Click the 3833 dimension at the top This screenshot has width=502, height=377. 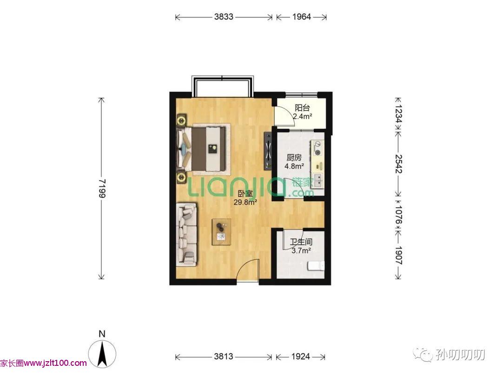[224, 17]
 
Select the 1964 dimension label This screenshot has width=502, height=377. [302, 17]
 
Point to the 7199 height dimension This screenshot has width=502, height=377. [101, 188]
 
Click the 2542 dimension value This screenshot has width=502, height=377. [398, 164]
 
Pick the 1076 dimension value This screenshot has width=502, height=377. [398, 215]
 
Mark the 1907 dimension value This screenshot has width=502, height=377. [398, 255]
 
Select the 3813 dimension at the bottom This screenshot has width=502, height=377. [224, 356]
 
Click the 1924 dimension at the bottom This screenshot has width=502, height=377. [301, 356]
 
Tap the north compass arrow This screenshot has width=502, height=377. [102, 354]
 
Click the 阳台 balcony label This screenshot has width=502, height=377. [302, 108]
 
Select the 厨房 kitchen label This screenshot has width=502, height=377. [294, 157]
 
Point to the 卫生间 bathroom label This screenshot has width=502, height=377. [301, 242]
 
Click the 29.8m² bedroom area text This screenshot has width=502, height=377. [245, 202]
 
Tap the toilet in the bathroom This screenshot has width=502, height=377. [316, 266]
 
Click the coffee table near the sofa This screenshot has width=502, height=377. [222, 232]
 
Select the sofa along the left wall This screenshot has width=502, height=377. [187, 234]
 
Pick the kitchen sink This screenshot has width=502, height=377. [318, 180]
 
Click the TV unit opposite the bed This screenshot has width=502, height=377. [268, 151]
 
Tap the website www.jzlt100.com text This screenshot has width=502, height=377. [55, 363]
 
